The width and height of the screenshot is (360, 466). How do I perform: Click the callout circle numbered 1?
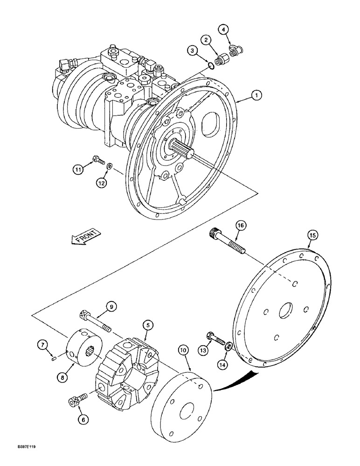(x=256, y=95)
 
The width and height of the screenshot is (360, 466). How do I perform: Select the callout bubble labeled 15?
(x=312, y=235)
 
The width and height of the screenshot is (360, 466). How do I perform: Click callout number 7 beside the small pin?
(x=42, y=344)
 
